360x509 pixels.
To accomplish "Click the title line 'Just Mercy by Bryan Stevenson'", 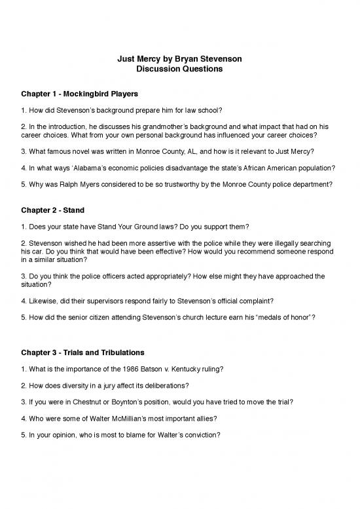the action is point(180,59).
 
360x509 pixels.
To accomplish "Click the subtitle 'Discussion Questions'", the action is point(180,69).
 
